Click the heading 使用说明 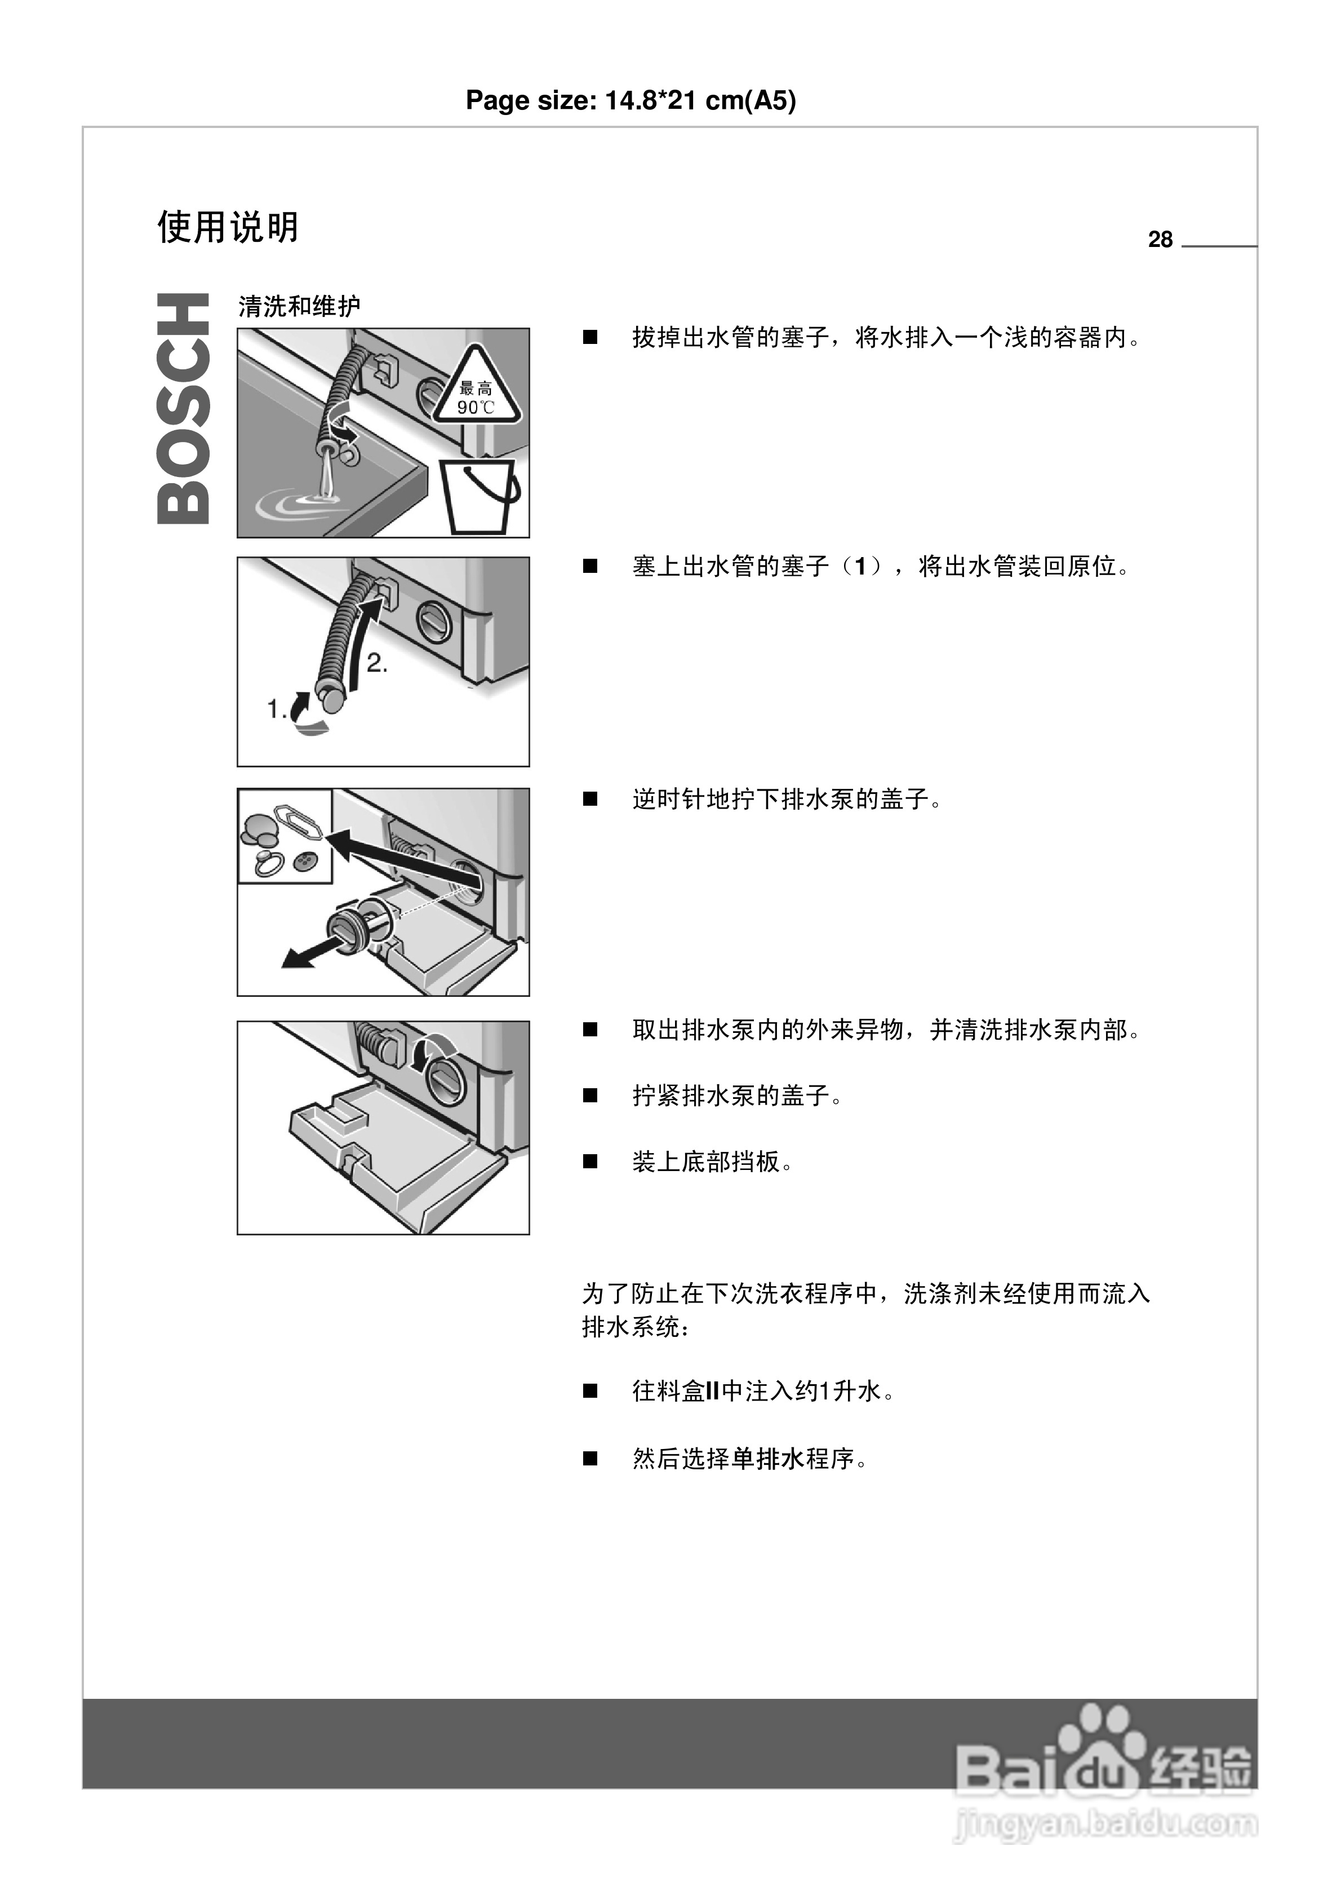pyautogui.click(x=228, y=227)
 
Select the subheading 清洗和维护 pyautogui.click(x=299, y=307)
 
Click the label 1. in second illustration pyautogui.click(x=276, y=709)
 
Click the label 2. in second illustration pyautogui.click(x=377, y=663)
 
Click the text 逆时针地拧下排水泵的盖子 pyautogui.click(x=786, y=800)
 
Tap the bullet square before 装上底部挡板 pyautogui.click(x=590, y=1162)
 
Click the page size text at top pyautogui.click(x=630, y=100)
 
